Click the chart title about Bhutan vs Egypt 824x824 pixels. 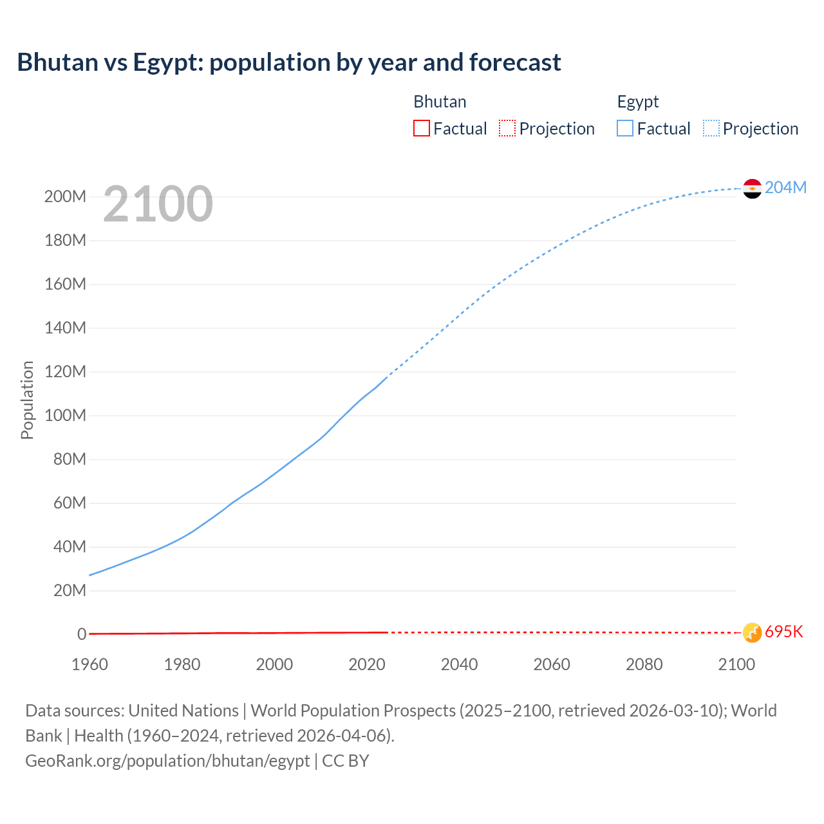point(289,62)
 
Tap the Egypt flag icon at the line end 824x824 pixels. point(752,189)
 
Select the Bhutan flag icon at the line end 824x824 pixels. point(752,632)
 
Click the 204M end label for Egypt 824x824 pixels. point(785,187)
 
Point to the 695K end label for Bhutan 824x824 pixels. point(784,632)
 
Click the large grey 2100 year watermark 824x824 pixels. point(158,204)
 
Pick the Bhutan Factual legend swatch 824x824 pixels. point(422,128)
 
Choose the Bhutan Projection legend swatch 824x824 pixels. point(507,128)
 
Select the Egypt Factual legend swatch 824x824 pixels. point(625,128)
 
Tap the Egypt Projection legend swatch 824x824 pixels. point(711,128)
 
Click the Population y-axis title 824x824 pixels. point(27,400)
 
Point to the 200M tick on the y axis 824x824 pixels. point(65,196)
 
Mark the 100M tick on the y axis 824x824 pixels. point(65,415)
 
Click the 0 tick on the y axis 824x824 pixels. point(82,634)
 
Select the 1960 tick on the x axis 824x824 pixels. point(89,664)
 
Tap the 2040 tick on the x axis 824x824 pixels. point(459,664)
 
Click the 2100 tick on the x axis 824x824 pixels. point(736,664)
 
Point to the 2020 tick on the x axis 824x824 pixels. point(367,664)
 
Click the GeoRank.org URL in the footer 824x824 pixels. point(167,760)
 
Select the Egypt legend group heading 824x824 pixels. point(638,102)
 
